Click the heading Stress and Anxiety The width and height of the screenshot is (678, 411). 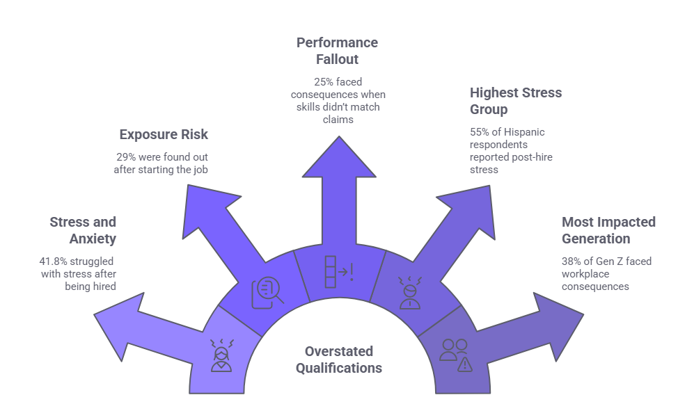(x=83, y=230)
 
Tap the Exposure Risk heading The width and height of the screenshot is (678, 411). (x=164, y=134)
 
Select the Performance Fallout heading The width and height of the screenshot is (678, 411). (x=337, y=51)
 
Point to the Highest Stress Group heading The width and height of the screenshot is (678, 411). (x=516, y=101)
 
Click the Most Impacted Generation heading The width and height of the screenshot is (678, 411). (x=608, y=230)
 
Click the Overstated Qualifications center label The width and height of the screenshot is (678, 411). (x=339, y=360)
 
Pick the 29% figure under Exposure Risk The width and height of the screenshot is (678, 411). (x=125, y=156)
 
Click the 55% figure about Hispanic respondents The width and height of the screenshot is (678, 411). (x=480, y=132)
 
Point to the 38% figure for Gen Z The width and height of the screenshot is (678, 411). (x=571, y=261)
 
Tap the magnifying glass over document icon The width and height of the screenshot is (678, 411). (x=269, y=291)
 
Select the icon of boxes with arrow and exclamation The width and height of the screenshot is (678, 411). (x=338, y=272)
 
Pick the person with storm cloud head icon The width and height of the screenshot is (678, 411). (x=409, y=292)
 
